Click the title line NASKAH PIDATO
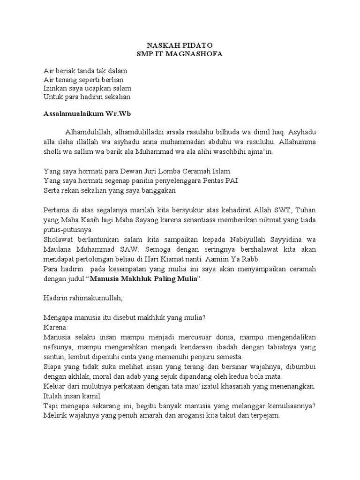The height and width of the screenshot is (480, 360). pos(180,45)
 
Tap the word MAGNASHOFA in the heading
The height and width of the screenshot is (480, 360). pos(196,54)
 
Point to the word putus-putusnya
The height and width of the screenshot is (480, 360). pos(68,230)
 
